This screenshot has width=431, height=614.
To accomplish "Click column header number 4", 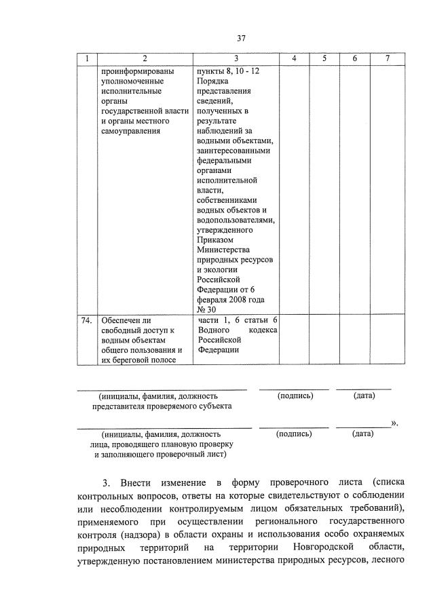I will click(295, 60).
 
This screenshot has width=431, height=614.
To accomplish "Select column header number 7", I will click(388, 60).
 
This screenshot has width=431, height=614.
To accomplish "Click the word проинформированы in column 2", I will click(136, 71).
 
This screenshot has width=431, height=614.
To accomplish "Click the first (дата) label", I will click(364, 396).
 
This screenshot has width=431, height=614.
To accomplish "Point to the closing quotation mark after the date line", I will click(394, 424).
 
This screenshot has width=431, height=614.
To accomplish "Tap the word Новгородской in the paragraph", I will click(324, 546).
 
